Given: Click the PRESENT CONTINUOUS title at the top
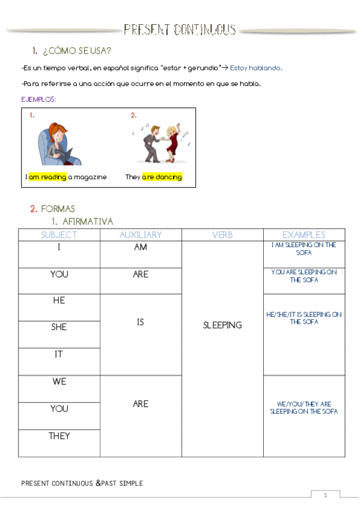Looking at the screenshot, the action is [180, 29].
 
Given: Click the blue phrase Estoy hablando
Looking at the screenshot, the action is [256, 68].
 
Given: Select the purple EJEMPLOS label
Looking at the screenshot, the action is [38, 99].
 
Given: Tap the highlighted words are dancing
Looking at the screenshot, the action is [162, 177].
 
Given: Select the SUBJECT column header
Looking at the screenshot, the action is [59, 235].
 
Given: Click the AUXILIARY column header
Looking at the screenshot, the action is [140, 235].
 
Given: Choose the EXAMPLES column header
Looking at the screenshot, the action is [304, 235].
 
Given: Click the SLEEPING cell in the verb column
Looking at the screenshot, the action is [222, 325].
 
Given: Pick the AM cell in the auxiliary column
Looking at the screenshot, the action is [140, 248].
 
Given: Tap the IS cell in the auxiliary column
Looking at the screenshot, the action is [140, 322].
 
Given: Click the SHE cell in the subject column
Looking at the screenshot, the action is [59, 327].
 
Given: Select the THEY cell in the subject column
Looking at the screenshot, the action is [59, 436].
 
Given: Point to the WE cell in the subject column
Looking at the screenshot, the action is [59, 382].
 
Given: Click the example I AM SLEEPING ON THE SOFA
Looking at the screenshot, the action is [304, 249].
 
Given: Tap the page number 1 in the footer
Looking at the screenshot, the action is [325, 496].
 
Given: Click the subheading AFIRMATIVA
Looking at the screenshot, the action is [87, 222].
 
